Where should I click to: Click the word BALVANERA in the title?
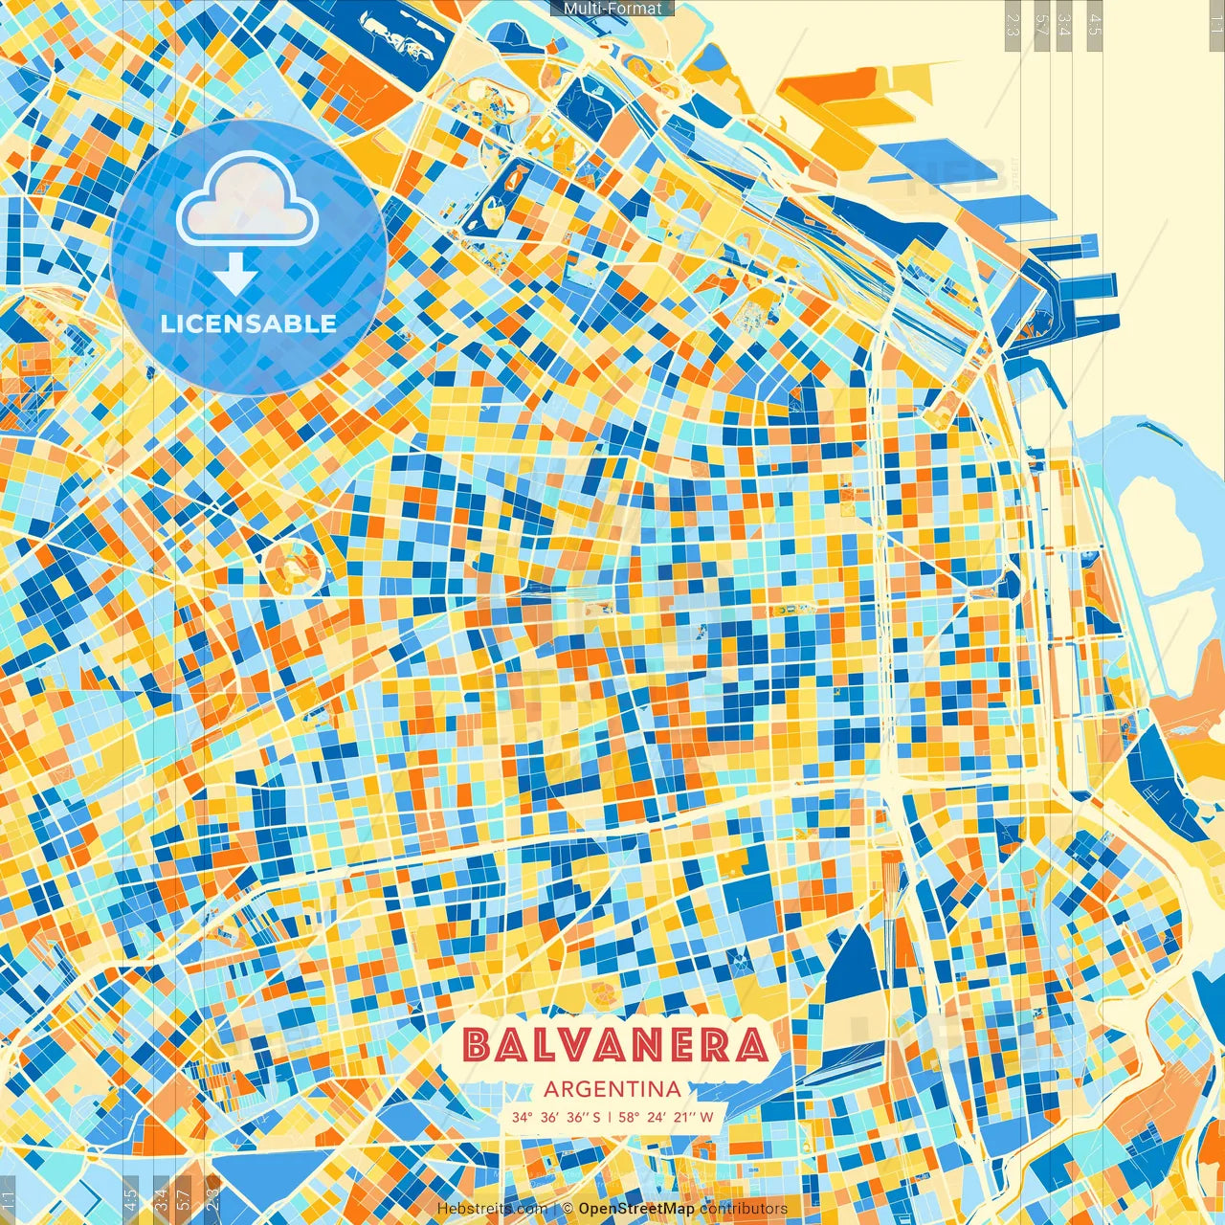615,1046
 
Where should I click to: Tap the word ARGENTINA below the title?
612,1089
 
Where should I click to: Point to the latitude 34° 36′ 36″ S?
556,1117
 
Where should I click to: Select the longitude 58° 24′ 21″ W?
667,1117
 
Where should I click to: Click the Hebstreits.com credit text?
492,1209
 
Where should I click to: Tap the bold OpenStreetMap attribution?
636,1209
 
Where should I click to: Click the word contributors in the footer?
744,1209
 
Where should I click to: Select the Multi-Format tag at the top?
612,9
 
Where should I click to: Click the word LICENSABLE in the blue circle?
249,323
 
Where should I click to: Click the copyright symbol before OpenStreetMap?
568,1209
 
